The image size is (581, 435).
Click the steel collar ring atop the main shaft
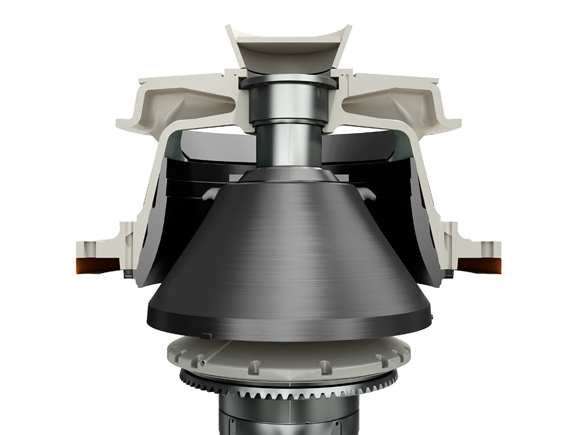288,81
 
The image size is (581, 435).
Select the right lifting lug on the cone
366,194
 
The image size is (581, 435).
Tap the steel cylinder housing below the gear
288,418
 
